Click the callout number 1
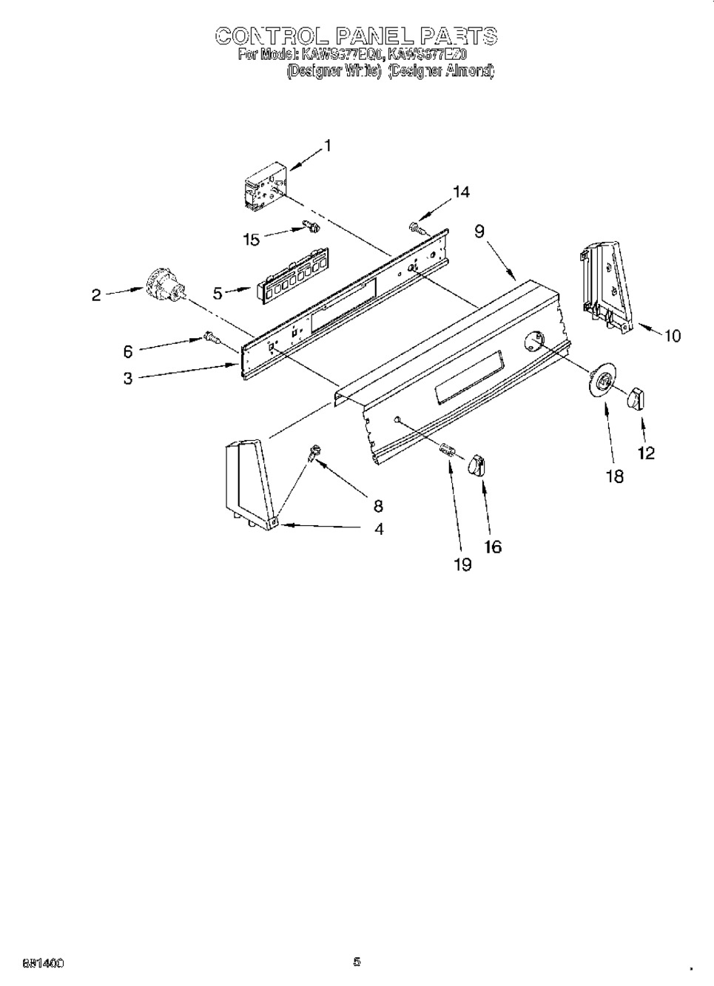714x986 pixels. [328, 146]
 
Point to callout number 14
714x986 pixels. [460, 192]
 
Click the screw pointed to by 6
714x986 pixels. [211, 338]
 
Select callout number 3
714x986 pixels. [128, 379]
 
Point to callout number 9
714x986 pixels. [479, 232]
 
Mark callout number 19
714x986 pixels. [462, 564]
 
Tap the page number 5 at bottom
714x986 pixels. [357, 962]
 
